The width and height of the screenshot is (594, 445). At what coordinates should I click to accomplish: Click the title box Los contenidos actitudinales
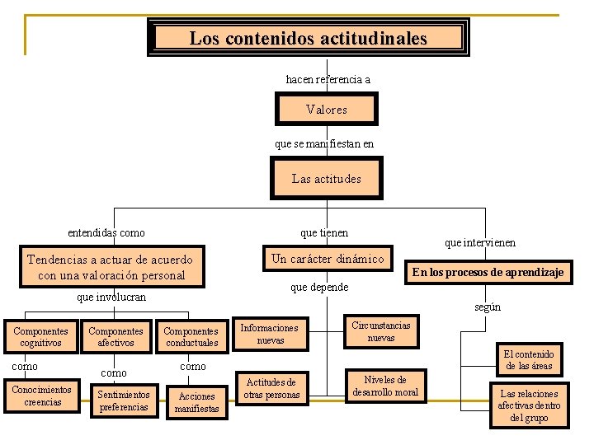pyautogui.click(x=309, y=38)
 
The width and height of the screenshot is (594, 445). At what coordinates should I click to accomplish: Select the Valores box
pyautogui.click(x=326, y=109)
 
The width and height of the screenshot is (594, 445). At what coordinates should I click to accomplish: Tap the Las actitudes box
pyautogui.click(x=326, y=178)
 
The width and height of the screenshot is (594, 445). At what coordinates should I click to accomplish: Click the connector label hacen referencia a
pyautogui.click(x=328, y=79)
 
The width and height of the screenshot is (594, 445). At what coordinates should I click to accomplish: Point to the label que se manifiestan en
pyautogui.click(x=324, y=143)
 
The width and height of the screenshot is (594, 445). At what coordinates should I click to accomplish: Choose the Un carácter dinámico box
pyautogui.click(x=328, y=259)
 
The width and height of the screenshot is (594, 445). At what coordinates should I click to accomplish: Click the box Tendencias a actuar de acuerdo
pyautogui.click(x=110, y=267)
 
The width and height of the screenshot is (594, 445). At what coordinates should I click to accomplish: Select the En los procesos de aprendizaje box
pyautogui.click(x=488, y=272)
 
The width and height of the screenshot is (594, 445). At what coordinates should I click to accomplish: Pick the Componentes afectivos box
pyautogui.click(x=115, y=336)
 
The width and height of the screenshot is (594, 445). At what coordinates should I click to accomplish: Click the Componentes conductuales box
pyautogui.click(x=191, y=336)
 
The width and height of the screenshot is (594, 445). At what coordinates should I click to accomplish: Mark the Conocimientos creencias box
pyautogui.click(x=42, y=396)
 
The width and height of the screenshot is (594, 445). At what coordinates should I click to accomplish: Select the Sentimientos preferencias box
pyautogui.click(x=124, y=400)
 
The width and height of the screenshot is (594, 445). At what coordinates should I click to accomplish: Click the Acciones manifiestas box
pyautogui.click(x=196, y=401)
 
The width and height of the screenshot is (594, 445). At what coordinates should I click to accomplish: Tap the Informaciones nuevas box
pyautogui.click(x=270, y=333)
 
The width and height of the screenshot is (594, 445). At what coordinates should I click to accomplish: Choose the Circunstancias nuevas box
pyautogui.click(x=380, y=331)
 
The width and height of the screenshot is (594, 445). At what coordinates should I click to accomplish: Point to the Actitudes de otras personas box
pyautogui.click(x=271, y=388)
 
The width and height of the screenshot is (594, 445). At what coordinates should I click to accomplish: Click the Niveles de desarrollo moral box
pyautogui.click(x=384, y=386)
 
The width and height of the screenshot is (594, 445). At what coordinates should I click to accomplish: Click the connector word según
pyautogui.click(x=487, y=307)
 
